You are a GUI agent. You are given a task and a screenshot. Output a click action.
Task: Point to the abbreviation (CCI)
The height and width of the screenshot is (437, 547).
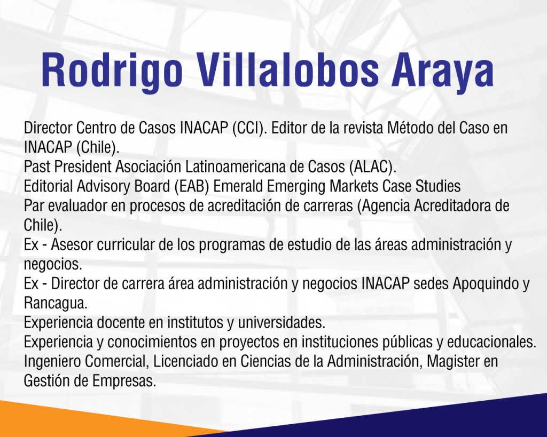249,128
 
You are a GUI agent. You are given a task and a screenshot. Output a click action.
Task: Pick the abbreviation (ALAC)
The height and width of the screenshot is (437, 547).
372,167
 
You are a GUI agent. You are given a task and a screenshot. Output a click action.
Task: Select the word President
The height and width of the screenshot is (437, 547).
82,166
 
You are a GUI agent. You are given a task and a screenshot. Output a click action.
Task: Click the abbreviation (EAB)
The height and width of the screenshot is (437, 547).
192,186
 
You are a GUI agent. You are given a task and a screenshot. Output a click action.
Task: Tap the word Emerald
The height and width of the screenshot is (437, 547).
238,186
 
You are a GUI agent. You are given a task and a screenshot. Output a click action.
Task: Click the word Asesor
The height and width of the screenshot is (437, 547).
72,244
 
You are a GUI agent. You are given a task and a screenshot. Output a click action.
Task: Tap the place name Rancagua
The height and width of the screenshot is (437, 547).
56,304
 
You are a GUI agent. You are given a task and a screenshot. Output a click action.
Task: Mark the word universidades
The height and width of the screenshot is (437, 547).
282,322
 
